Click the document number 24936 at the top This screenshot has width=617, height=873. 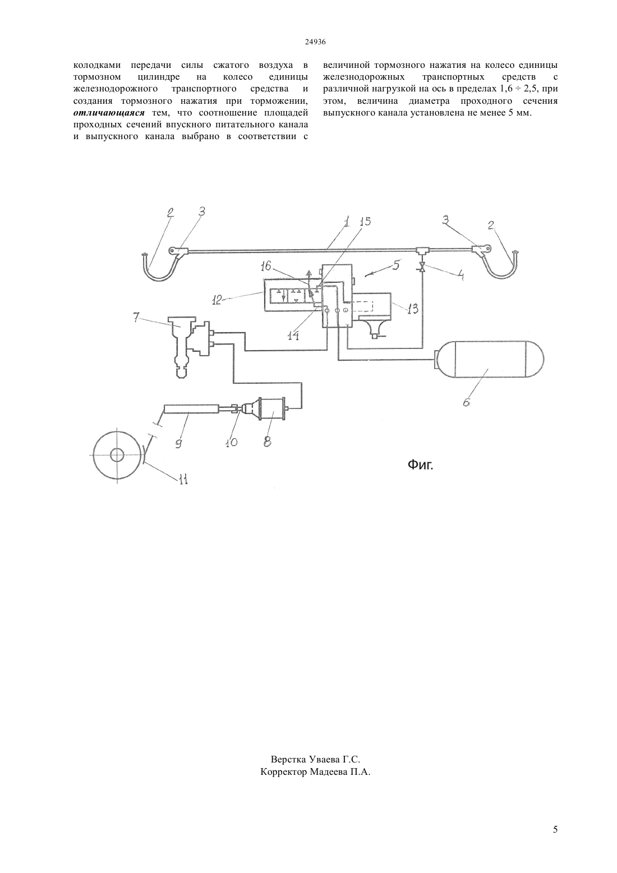[315, 42]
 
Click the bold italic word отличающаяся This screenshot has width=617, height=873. [109, 113]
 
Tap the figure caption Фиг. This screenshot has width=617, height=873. [420, 465]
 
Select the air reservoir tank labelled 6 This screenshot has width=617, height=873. [489, 359]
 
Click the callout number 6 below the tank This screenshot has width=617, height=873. [467, 401]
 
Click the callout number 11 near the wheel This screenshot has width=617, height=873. [183, 479]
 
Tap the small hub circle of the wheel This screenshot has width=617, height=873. [117, 455]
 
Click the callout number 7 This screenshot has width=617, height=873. [136, 318]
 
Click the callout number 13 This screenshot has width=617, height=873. [412, 309]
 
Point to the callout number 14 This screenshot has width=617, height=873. [293, 336]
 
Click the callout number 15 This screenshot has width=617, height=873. [365, 222]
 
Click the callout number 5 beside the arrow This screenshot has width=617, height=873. [396, 265]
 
